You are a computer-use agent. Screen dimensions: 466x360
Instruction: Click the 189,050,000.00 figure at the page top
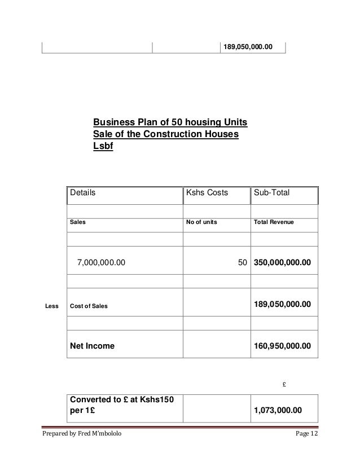point(248,46)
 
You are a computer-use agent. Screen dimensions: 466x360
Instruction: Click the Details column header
point(82,192)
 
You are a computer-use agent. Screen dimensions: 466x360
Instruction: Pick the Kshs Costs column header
point(207,192)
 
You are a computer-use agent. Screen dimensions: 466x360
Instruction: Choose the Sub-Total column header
point(272,192)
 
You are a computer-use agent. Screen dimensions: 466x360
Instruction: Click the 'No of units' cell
point(201,222)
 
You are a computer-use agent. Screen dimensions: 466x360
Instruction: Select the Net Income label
point(91,346)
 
